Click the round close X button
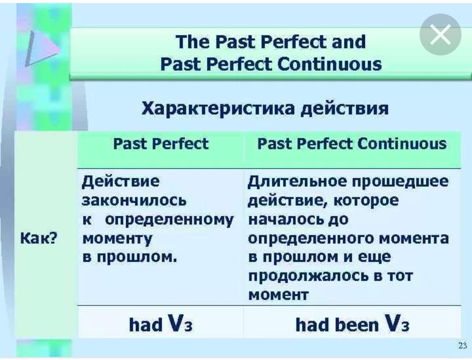pos(441,35)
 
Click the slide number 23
pos(462,346)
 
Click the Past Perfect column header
pos(161,144)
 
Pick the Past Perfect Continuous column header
pos(352,144)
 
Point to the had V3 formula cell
pos(161,324)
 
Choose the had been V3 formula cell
pos(352,324)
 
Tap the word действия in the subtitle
pos(345,108)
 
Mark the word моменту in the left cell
pos(117,239)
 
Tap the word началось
pos(285,220)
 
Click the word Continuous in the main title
pos(330,64)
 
